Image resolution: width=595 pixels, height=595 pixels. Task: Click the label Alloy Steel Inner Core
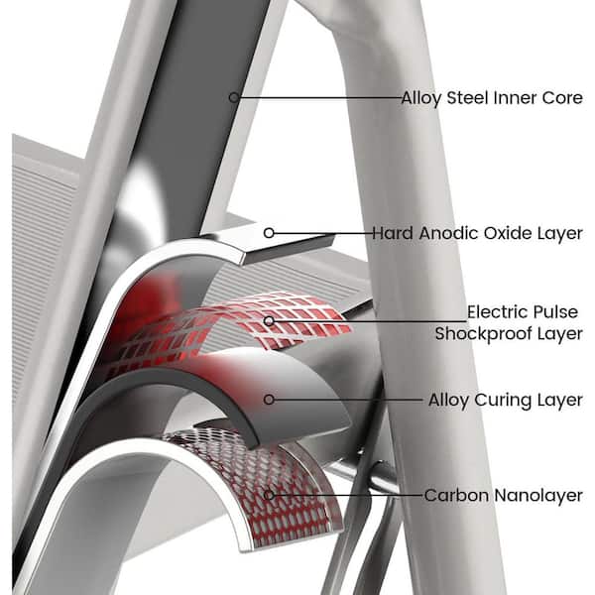coord(491,98)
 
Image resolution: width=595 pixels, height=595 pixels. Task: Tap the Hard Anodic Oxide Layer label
coord(477,234)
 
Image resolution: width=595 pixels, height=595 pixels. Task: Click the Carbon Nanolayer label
coord(503,494)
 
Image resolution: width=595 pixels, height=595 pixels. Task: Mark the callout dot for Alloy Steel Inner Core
coord(234,97)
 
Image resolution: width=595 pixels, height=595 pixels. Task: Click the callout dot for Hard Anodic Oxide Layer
coord(269,233)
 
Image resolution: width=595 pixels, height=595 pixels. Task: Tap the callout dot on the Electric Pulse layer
coord(269,321)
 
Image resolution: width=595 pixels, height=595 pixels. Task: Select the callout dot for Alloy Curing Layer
coord(268,400)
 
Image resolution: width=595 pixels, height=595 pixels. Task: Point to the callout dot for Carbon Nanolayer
coord(269,493)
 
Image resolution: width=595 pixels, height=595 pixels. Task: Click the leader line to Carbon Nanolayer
coord(347,493)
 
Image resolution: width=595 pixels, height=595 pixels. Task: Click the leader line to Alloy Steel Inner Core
coord(317,97)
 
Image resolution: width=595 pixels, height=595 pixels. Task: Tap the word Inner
coord(517,98)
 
